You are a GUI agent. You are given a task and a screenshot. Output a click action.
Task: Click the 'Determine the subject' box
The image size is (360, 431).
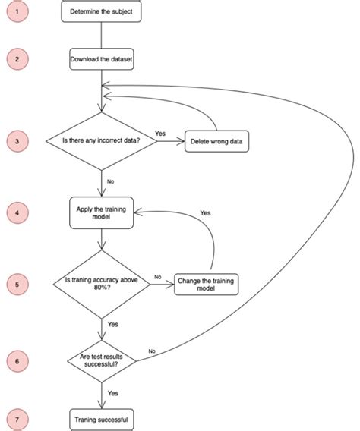100,13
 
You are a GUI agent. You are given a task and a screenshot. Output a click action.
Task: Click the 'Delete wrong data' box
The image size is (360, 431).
216,142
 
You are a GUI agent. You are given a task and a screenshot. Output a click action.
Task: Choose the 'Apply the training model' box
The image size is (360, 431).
100,213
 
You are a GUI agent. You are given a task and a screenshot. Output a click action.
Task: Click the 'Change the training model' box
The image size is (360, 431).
206,284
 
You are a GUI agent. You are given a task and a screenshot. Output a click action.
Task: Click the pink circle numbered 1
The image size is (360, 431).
17,13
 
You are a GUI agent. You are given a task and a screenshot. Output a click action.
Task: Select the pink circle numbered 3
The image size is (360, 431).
17,141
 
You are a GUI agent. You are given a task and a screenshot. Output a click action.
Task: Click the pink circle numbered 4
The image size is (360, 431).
17,213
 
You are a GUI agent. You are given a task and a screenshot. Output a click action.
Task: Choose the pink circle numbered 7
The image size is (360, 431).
17,418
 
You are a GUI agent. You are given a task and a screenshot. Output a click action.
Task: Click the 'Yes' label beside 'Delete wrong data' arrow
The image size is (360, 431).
160,134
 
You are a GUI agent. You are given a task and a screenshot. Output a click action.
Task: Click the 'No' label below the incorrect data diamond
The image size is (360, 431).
111,181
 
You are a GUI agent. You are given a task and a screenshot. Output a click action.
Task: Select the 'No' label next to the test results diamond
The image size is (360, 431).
152,351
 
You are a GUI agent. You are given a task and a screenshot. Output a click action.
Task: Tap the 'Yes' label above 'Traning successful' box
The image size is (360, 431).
112,393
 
